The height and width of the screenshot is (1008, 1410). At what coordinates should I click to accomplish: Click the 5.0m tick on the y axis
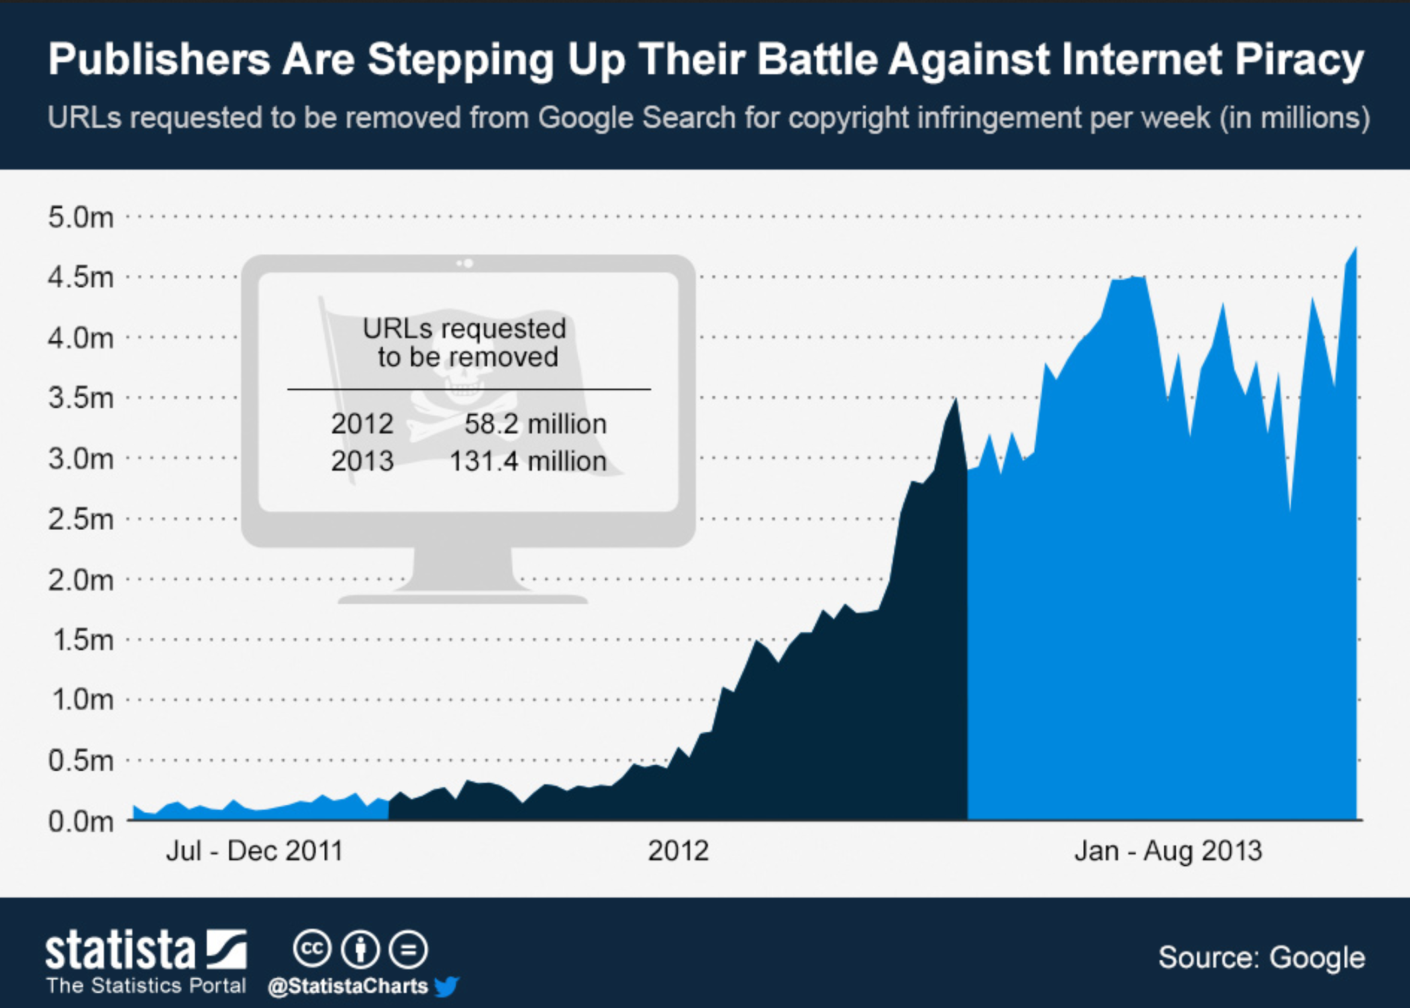click(x=81, y=217)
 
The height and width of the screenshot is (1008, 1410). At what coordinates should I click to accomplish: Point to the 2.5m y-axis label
click(x=81, y=519)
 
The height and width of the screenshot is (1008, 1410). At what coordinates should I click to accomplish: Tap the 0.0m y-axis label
click(x=81, y=821)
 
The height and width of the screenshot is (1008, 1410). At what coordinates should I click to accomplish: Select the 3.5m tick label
click(x=81, y=398)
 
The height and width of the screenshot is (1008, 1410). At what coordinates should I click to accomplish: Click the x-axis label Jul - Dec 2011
click(x=254, y=851)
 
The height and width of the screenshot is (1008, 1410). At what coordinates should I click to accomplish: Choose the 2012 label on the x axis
click(x=678, y=851)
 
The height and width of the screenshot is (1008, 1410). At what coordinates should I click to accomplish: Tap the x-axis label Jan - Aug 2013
click(x=1168, y=851)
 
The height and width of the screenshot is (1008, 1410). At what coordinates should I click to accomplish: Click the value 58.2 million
click(x=535, y=424)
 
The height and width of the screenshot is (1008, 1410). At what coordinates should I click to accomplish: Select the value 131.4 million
click(x=527, y=461)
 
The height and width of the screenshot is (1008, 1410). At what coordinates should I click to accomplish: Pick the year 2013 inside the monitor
click(x=362, y=461)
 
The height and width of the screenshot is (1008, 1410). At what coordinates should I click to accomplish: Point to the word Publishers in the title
click(x=158, y=60)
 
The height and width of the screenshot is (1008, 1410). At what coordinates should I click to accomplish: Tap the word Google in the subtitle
click(x=585, y=118)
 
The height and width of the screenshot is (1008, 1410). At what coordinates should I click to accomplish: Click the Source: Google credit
click(x=1262, y=957)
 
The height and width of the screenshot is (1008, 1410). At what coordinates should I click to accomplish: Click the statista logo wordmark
click(x=121, y=950)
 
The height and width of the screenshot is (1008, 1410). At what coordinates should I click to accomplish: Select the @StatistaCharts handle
click(x=348, y=986)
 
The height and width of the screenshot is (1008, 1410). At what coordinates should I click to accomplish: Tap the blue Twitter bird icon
click(x=446, y=986)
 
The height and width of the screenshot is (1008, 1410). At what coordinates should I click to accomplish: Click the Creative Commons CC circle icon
click(x=312, y=949)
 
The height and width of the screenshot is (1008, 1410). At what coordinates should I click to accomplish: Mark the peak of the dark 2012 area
click(x=956, y=400)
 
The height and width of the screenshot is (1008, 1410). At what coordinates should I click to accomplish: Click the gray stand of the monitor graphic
click(x=463, y=570)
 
